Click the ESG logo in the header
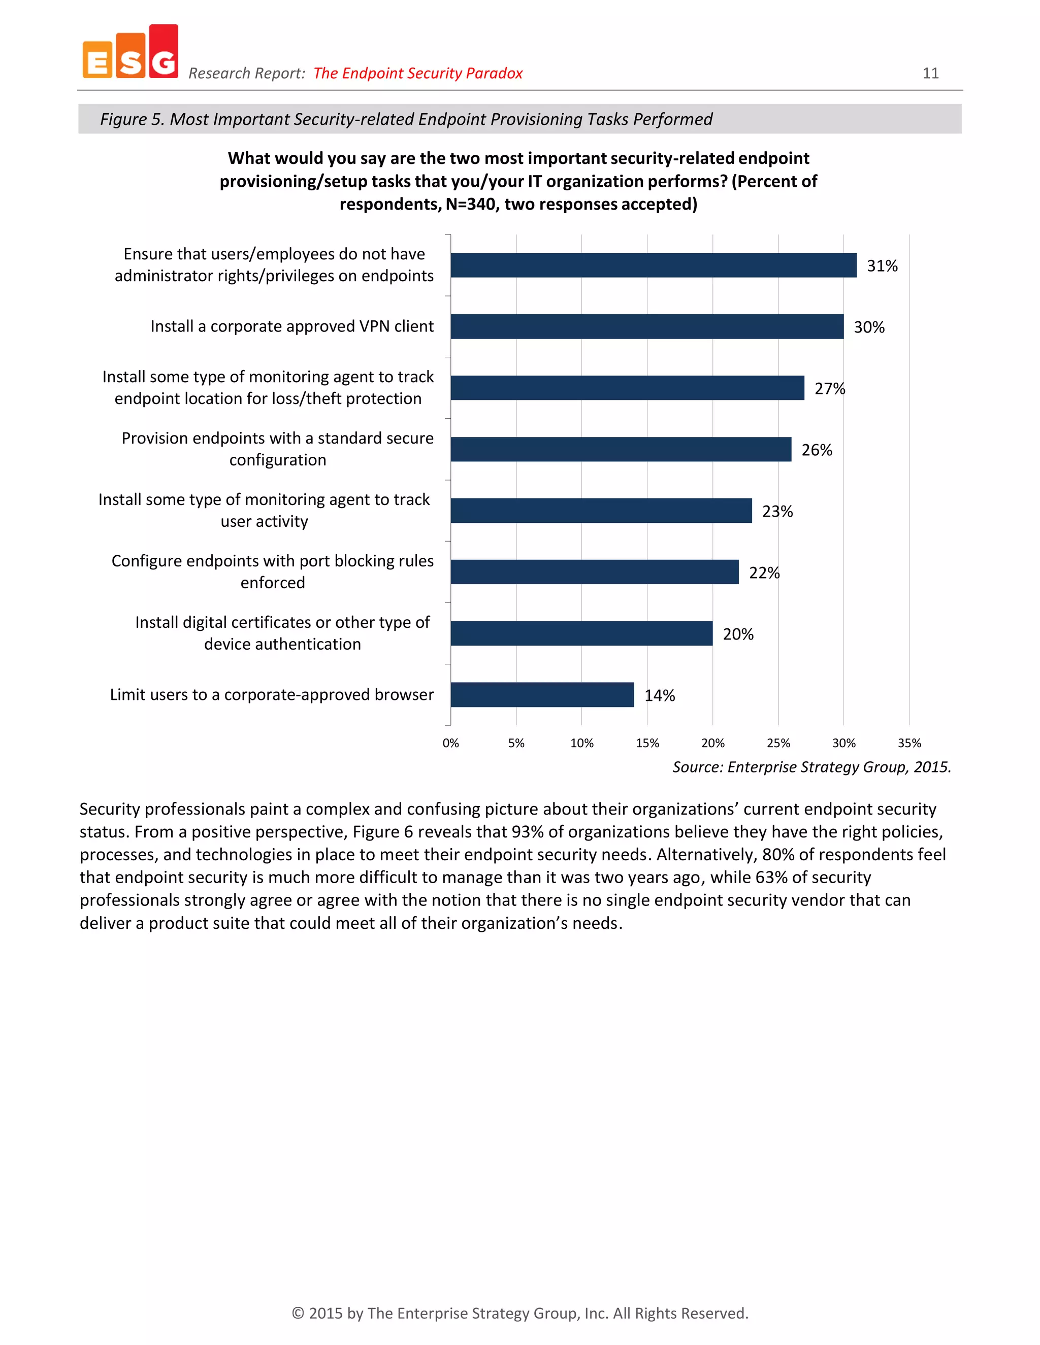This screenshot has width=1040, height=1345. [131, 53]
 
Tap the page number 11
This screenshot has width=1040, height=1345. [930, 73]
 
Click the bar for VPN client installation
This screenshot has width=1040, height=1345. [647, 326]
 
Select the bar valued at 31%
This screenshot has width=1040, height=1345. [653, 265]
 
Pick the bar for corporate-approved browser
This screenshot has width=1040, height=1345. [542, 695]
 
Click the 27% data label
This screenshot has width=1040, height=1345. [829, 389]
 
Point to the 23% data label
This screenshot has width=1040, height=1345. [777, 511]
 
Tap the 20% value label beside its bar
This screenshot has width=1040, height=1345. [737, 634]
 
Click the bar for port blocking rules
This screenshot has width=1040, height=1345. [595, 572]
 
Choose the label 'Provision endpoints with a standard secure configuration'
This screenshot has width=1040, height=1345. [277, 449]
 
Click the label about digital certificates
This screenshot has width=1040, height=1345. [282, 633]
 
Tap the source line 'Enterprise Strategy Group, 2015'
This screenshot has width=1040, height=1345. [811, 767]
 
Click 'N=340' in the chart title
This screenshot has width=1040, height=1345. [470, 204]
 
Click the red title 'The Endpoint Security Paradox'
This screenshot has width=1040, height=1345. [418, 73]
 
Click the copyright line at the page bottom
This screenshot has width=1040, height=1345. [520, 1313]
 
